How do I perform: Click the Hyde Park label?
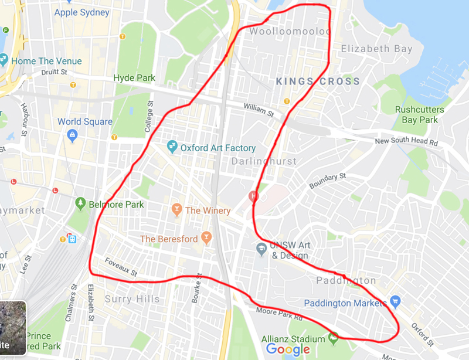click(x=134, y=78)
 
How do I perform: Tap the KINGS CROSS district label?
click(x=318, y=81)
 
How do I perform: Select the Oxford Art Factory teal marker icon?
click(x=172, y=146)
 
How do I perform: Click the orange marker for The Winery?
click(x=176, y=209)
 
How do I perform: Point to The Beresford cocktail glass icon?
click(x=206, y=237)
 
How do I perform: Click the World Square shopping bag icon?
click(x=72, y=136)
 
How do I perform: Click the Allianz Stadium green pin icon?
click(x=334, y=338)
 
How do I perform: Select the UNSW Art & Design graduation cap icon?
click(x=261, y=249)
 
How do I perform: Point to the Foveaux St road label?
click(x=121, y=267)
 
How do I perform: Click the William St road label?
click(x=259, y=110)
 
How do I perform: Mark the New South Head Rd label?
click(x=406, y=142)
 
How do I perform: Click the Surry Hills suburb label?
click(x=132, y=299)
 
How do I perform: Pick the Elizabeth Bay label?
click(x=376, y=49)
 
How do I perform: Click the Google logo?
click(x=288, y=350)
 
